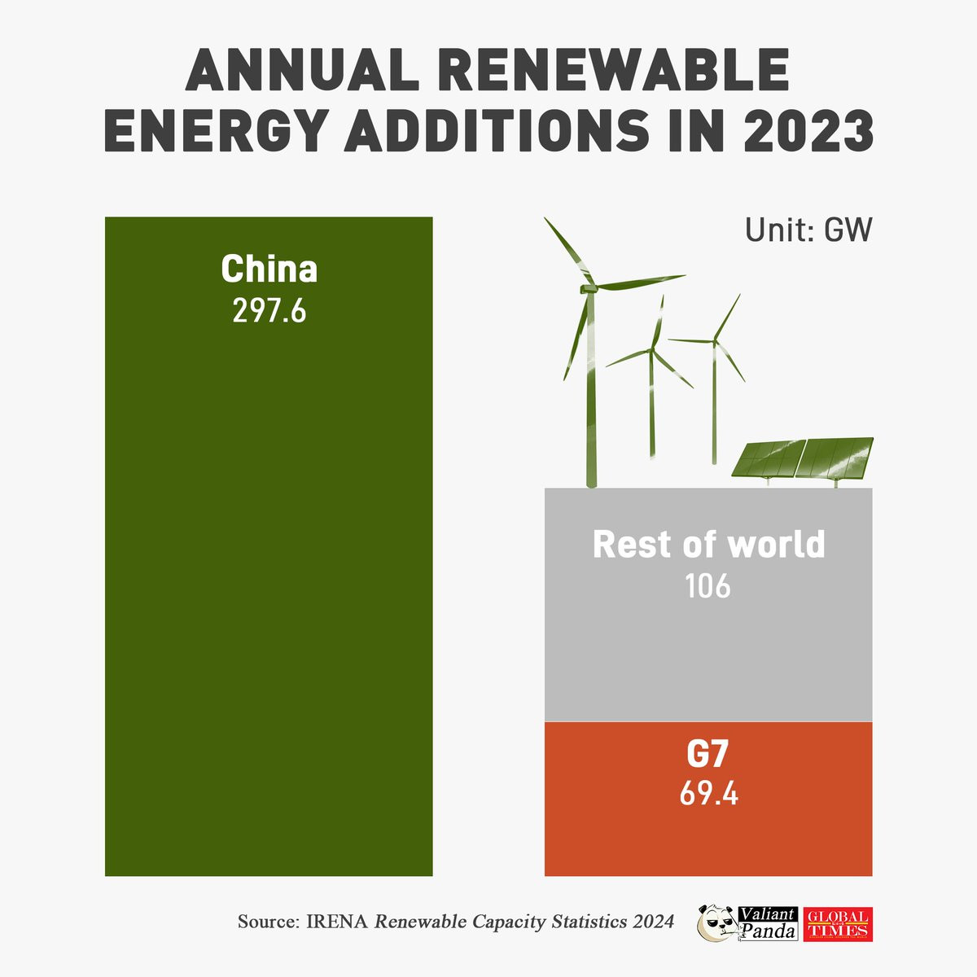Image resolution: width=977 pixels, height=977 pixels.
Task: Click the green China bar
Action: (x=269, y=570)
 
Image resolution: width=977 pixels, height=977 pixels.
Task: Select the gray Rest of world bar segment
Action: (x=708, y=651)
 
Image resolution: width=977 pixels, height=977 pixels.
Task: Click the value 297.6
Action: (x=269, y=311)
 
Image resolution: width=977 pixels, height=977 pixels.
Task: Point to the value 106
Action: (x=708, y=586)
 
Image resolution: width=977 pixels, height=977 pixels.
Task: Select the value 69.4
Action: (x=708, y=794)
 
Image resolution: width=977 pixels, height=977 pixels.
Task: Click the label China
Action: (x=269, y=269)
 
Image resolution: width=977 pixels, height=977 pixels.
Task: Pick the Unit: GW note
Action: (x=808, y=230)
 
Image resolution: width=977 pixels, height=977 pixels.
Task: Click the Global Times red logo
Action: (x=837, y=924)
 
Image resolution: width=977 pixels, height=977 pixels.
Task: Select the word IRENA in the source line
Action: (x=337, y=922)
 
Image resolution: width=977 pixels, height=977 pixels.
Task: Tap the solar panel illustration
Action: (x=802, y=458)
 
